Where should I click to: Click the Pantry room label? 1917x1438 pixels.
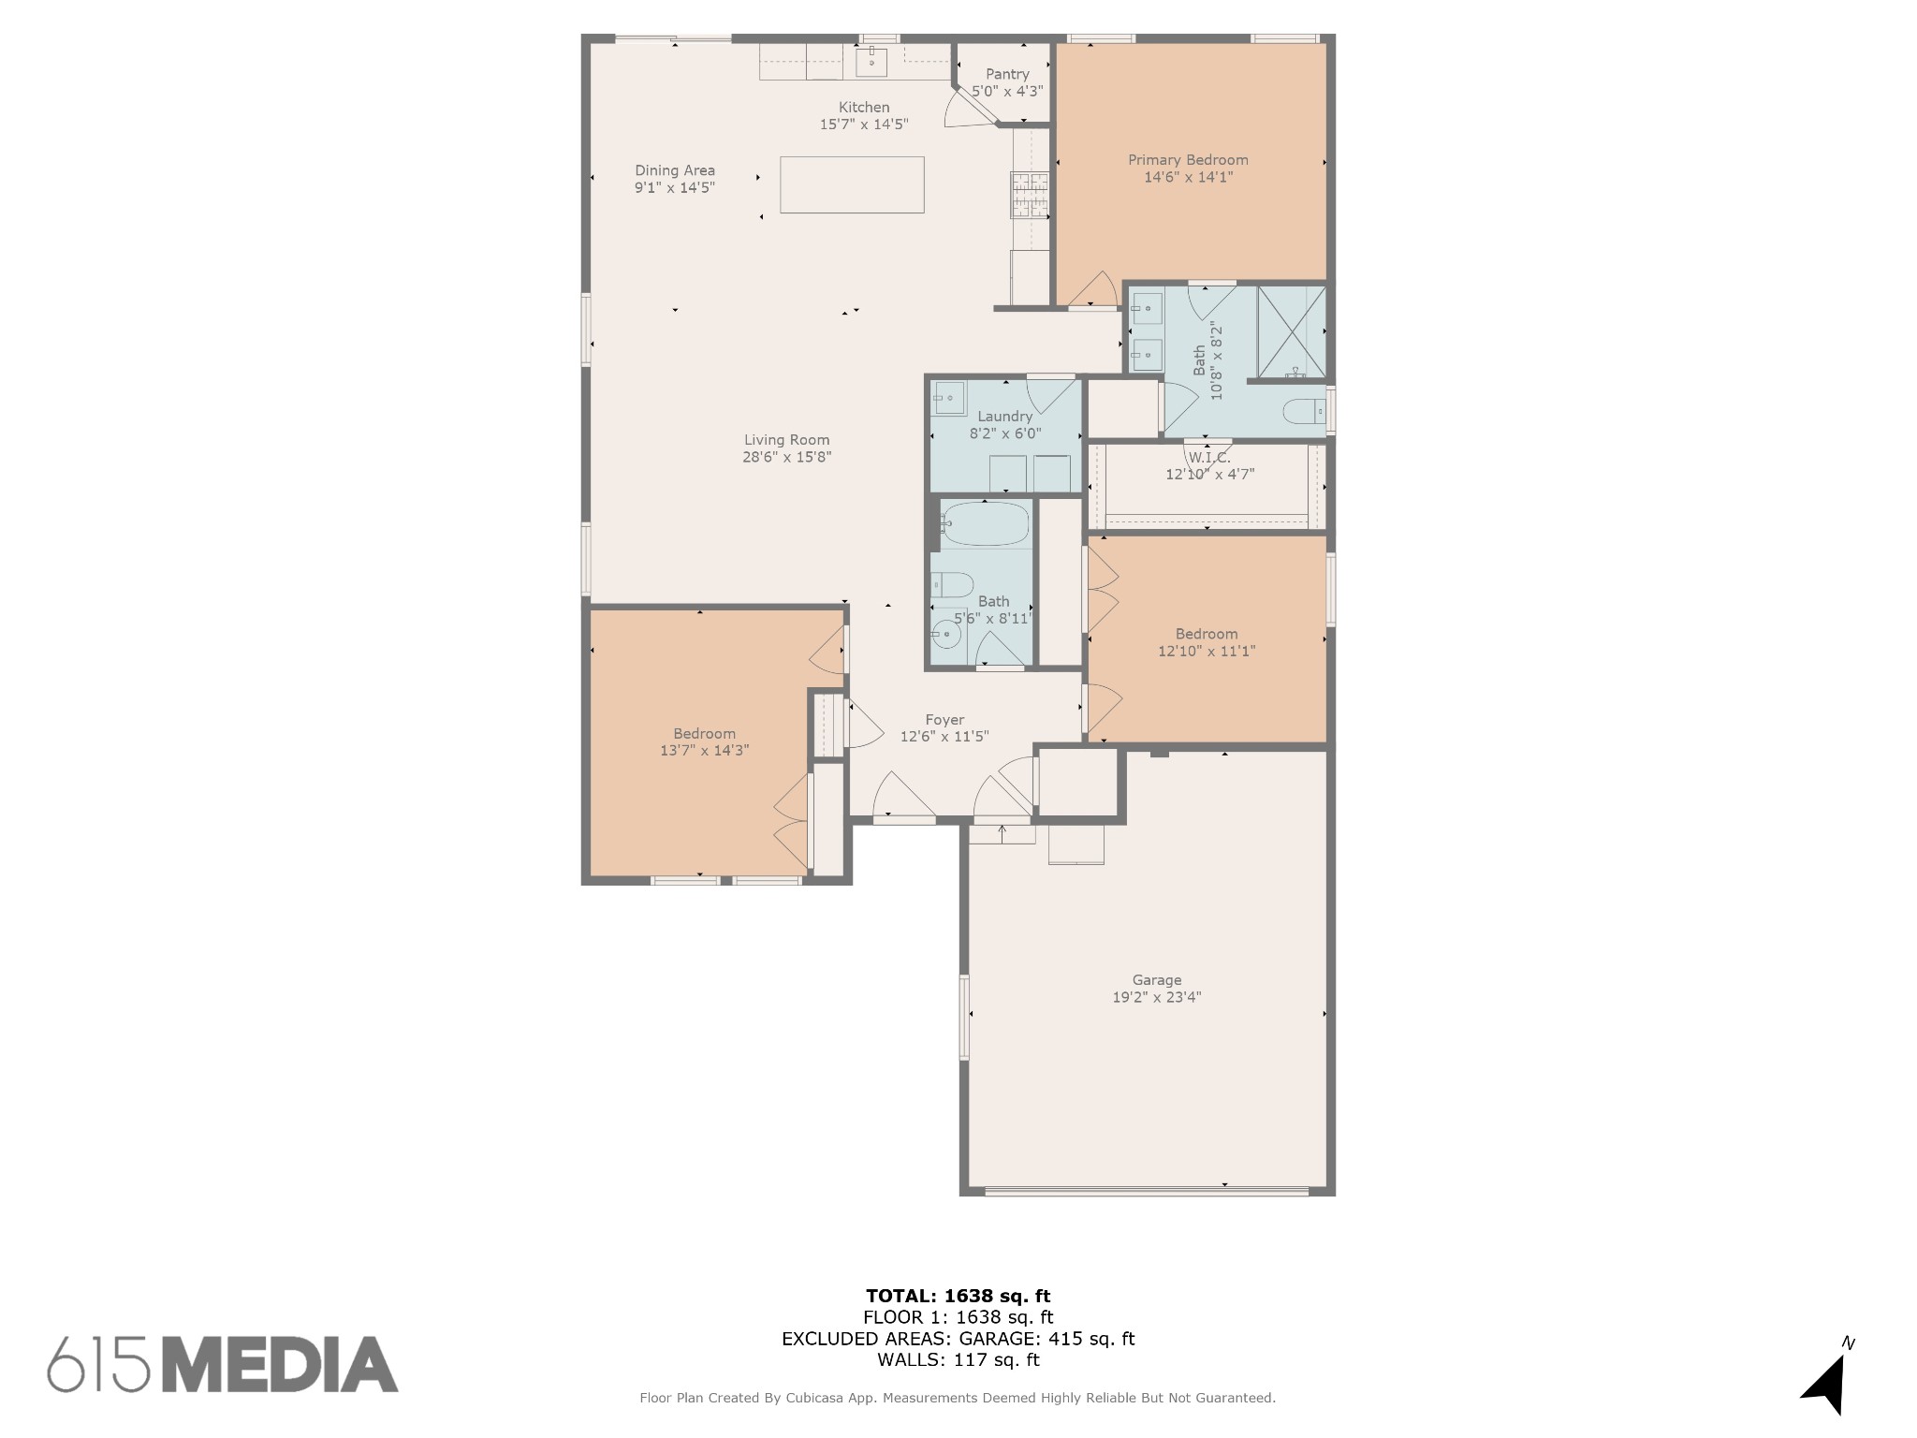pyautogui.click(x=1007, y=74)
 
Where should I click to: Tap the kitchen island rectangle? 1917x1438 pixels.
pyautogui.click(x=852, y=184)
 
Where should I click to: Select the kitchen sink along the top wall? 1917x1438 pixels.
pyautogui.click(x=871, y=62)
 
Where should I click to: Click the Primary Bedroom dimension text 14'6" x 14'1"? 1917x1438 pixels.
pyautogui.click(x=1188, y=177)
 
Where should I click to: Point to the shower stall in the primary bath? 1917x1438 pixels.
pyautogui.click(x=1292, y=330)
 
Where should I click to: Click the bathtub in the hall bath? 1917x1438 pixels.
pyautogui.click(x=986, y=523)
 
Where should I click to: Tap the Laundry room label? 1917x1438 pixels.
pyautogui.click(x=1005, y=417)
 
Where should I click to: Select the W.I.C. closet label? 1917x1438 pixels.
pyautogui.click(x=1209, y=458)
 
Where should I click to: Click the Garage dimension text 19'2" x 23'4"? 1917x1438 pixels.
pyautogui.click(x=1157, y=997)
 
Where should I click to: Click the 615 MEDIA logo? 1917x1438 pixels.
pyautogui.click(x=223, y=1363)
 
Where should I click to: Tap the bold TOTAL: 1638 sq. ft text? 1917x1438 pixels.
pyautogui.click(x=958, y=1296)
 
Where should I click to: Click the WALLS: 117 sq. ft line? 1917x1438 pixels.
pyautogui.click(x=958, y=1359)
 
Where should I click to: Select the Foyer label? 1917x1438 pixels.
pyautogui.click(x=944, y=720)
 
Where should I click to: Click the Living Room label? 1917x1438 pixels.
pyautogui.click(x=787, y=440)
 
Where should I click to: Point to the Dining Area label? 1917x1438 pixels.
pyautogui.click(x=675, y=170)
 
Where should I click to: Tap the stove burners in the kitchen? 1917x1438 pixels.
pyautogui.click(x=1030, y=195)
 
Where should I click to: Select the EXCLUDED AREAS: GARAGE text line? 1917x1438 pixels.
pyautogui.click(x=958, y=1339)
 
